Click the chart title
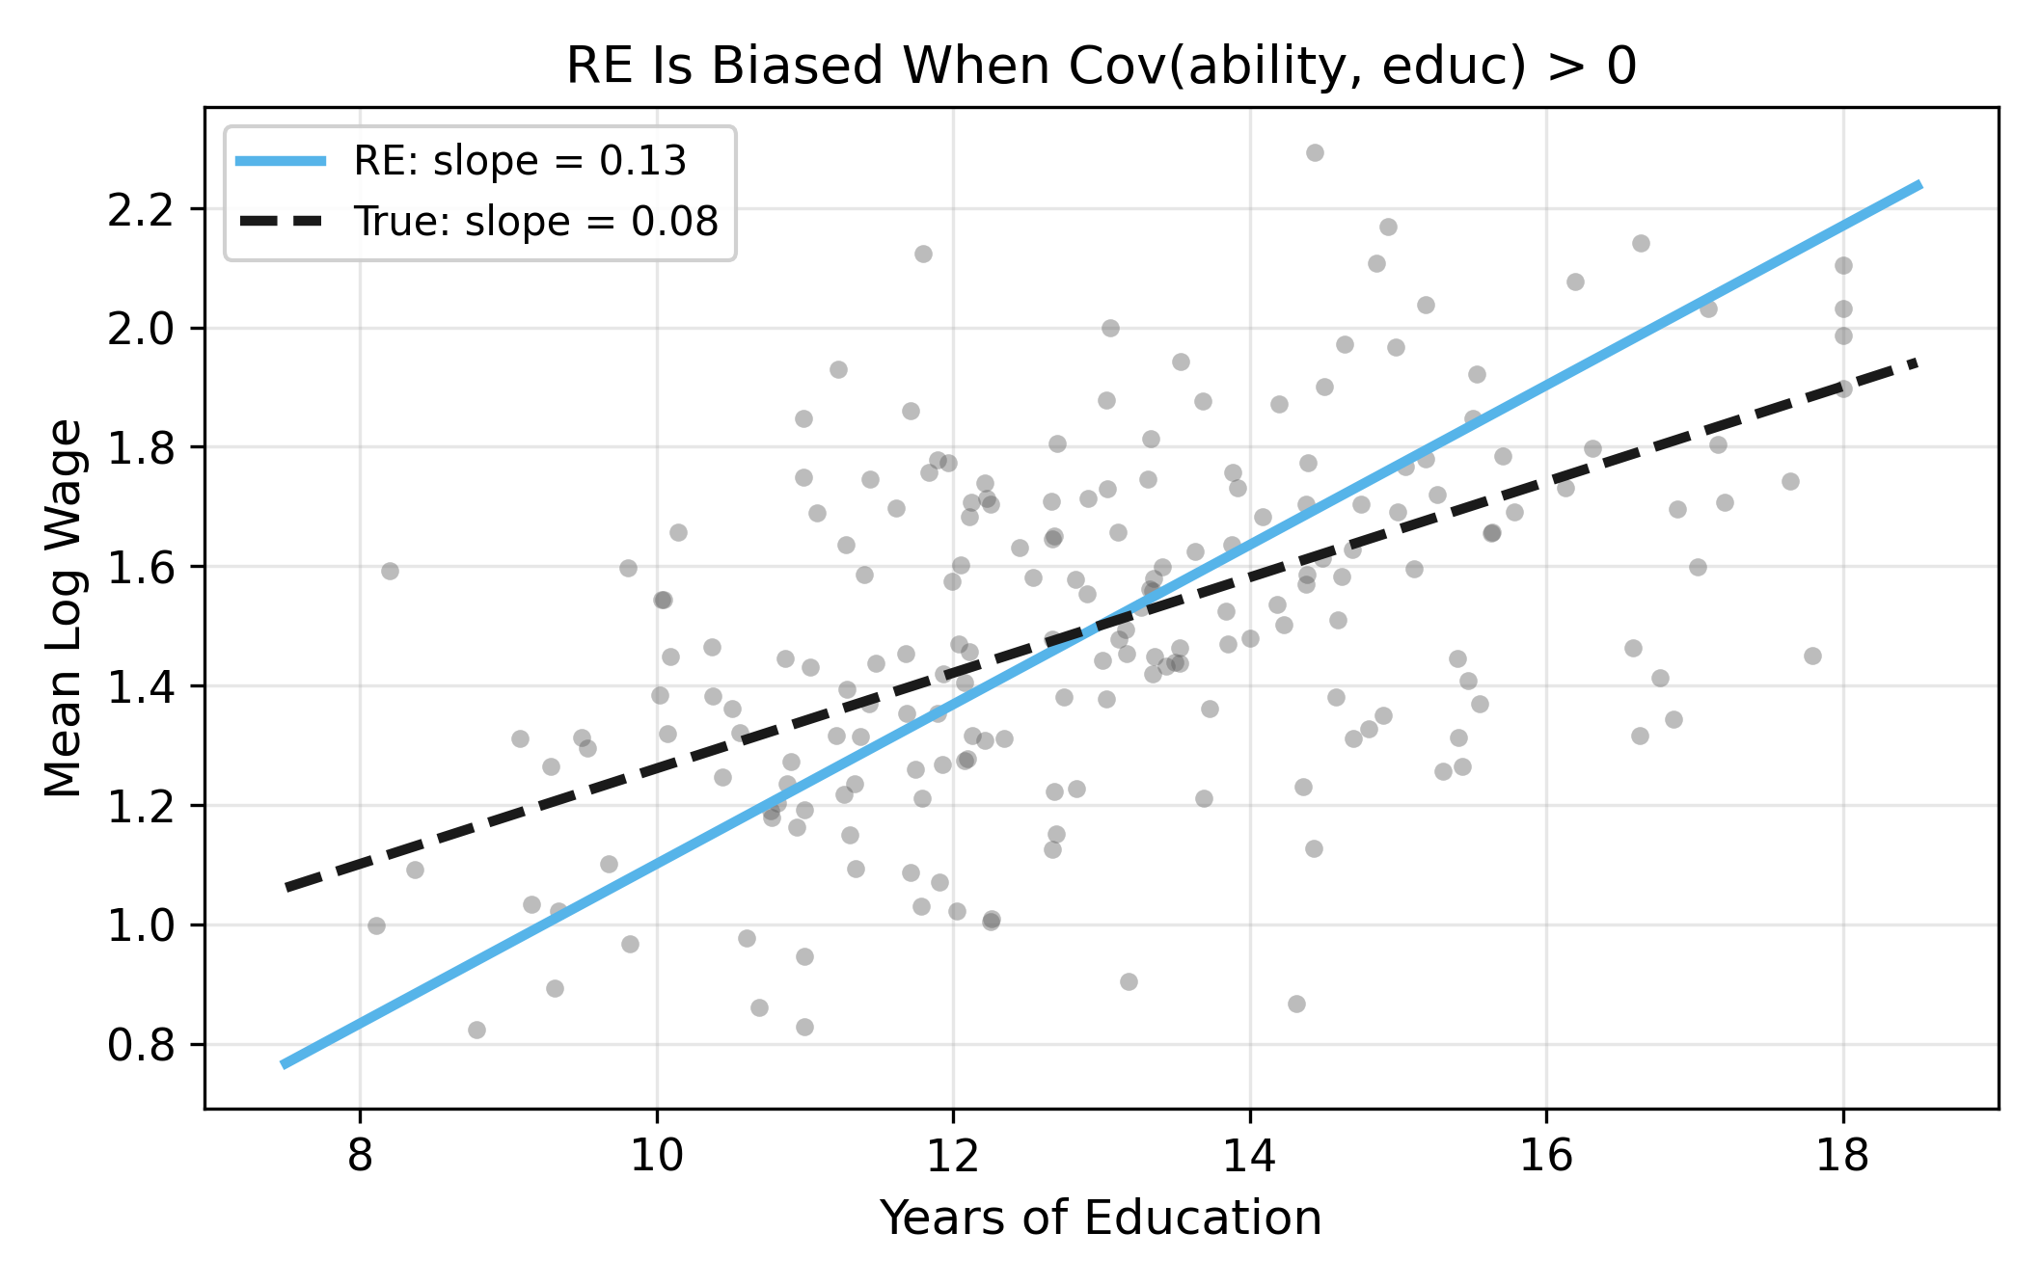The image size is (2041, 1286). pos(1101,67)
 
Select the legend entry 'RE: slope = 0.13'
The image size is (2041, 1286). pos(520,161)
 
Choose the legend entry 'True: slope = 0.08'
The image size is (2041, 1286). pos(535,222)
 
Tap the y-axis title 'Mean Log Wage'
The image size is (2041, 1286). pos(65,608)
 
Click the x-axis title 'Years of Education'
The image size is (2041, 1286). pos(1101,1218)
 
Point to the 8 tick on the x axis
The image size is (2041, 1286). pos(360,1154)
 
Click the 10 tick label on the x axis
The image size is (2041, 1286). pos(656,1154)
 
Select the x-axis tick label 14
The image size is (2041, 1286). pos(1249,1154)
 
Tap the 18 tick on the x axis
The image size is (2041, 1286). pos(1842,1154)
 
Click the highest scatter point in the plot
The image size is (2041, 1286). pos(1315,152)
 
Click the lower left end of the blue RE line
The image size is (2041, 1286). pos(283,1064)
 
